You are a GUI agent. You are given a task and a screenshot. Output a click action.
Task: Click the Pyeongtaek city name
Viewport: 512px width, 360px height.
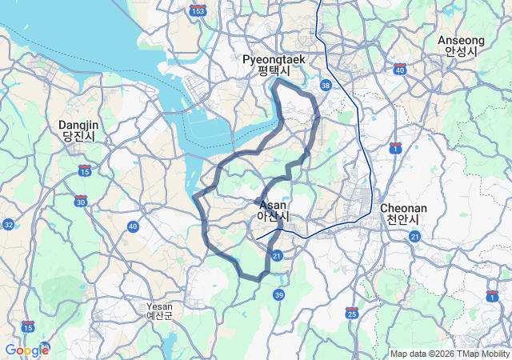point(272,59)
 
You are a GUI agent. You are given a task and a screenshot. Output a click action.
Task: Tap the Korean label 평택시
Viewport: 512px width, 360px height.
point(272,70)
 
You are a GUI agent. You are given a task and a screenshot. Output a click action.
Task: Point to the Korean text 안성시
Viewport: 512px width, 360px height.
point(462,51)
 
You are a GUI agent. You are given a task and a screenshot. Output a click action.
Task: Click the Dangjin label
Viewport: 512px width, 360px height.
point(78,125)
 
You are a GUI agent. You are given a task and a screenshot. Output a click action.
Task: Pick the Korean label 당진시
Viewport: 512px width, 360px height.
point(78,137)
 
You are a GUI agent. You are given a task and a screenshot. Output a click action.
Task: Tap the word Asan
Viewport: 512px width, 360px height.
point(273,205)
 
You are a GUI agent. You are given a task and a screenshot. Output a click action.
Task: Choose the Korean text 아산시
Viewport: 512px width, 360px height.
point(273,217)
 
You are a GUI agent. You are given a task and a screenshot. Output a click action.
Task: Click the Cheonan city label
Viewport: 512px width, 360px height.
point(404,207)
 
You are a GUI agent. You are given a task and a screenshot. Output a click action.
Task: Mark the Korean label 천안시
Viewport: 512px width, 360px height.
point(404,218)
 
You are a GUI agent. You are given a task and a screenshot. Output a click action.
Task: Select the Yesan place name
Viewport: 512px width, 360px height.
point(159,306)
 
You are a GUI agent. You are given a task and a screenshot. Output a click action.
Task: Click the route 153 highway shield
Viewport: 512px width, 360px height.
point(198,10)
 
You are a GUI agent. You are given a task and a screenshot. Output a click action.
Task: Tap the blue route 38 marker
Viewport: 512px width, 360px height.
point(325,84)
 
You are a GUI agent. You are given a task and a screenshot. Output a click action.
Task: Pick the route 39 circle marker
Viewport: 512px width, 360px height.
point(278,295)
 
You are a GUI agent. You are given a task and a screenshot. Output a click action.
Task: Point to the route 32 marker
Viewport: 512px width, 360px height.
point(7,225)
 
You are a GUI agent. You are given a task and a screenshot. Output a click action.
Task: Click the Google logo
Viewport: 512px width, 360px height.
point(26,350)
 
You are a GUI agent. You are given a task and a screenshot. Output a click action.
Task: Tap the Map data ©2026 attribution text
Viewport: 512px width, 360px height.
point(421,354)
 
